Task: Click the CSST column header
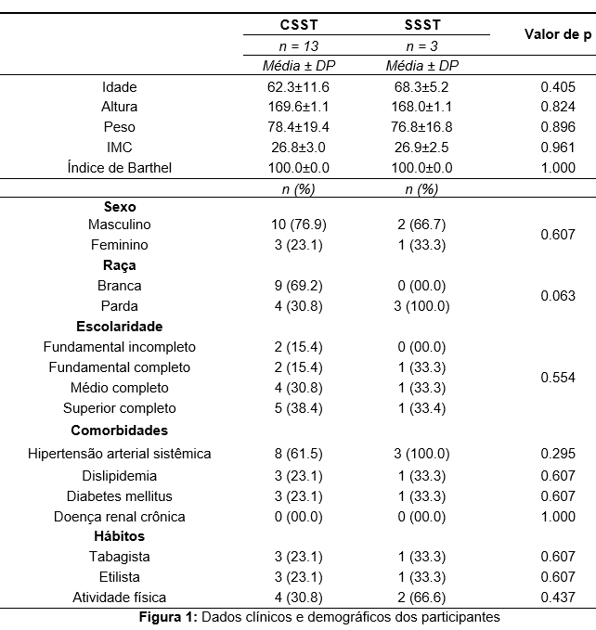299,25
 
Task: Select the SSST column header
422,25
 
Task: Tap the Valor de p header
558,34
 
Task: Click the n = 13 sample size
299,46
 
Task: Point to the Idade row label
120,87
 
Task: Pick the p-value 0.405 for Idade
558,87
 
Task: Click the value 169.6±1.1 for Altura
298,107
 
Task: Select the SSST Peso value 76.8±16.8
421,127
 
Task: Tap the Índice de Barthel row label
120,168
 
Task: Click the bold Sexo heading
120,207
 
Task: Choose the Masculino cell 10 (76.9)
299,225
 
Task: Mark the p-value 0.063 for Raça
558,296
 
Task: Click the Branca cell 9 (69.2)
299,286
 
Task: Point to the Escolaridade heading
120,327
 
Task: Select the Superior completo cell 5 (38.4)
299,408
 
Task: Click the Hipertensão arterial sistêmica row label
120,454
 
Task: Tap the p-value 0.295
558,454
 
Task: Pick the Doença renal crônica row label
120,517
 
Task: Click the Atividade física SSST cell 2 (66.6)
421,598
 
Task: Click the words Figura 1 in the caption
168,617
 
